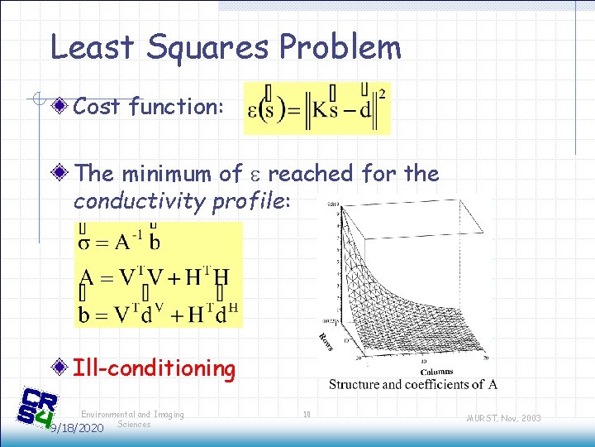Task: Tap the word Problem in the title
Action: coord(340,49)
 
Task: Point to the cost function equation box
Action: coord(317,108)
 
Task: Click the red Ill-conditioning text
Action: coord(155,368)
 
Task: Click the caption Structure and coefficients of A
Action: coord(412,384)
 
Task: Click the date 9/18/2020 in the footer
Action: coord(76,428)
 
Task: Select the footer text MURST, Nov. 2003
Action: coord(502,418)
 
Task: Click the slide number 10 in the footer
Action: coord(307,414)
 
